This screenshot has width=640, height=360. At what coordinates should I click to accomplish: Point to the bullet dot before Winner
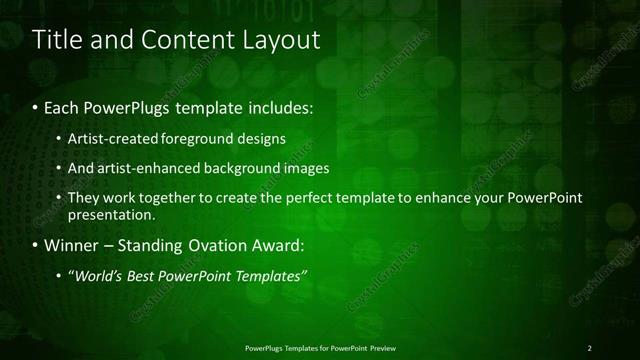click(36, 244)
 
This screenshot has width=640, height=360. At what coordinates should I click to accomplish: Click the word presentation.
click(110, 214)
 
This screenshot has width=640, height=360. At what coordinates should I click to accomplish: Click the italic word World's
click(97, 275)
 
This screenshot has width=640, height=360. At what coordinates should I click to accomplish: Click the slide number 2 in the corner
click(590, 347)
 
